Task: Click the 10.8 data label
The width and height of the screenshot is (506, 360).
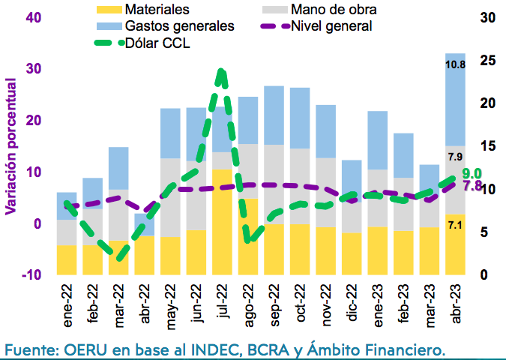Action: (455, 64)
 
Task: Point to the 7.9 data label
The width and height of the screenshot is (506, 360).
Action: (455, 157)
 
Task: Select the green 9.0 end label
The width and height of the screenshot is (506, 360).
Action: (472, 174)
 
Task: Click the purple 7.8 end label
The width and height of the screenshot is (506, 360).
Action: (472, 186)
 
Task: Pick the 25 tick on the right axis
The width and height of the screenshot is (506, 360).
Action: (488, 61)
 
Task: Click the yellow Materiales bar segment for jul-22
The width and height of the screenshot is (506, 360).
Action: (222, 222)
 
